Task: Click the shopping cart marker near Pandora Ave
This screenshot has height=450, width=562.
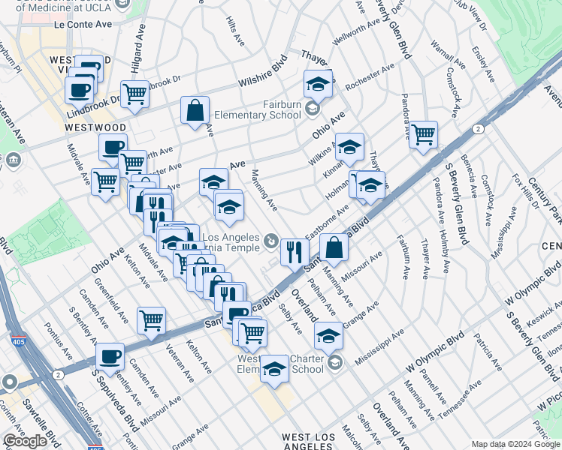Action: pyautogui.click(x=424, y=135)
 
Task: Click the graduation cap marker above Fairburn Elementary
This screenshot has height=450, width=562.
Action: pyautogui.click(x=318, y=85)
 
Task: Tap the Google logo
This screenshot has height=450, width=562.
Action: pyautogui.click(x=25, y=441)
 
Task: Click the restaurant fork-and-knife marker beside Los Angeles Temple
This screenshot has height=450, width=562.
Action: pyautogui.click(x=295, y=250)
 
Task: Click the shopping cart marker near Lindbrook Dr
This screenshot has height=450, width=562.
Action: pyautogui.click(x=134, y=94)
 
